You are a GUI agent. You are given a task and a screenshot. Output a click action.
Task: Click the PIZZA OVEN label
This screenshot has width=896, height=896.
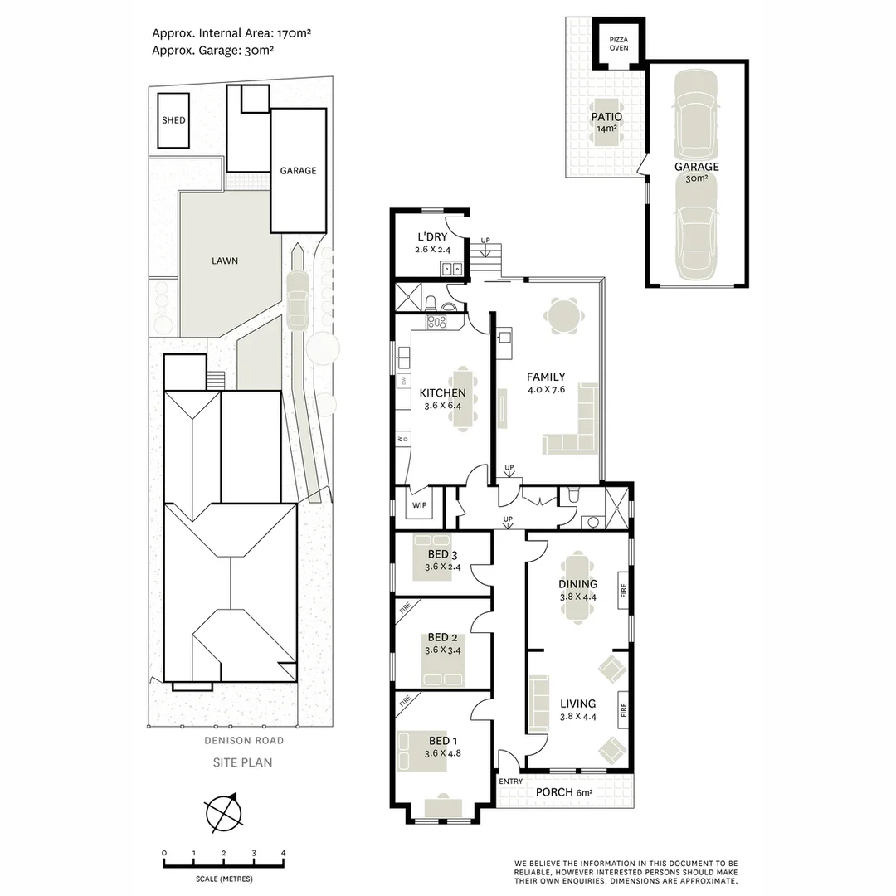pos(619,43)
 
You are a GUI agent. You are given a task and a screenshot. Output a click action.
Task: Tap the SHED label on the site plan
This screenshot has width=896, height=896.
pos(173,120)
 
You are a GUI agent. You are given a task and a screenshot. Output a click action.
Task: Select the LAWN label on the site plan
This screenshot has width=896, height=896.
pos(225,261)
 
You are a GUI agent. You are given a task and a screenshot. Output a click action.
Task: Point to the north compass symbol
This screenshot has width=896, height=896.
pos(224,812)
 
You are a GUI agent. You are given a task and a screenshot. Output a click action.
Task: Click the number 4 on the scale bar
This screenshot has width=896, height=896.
pos(283,853)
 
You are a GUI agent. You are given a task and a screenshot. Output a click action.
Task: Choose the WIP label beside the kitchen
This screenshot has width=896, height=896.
pos(420,505)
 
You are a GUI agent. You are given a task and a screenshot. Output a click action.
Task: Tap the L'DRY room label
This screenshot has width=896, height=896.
pos(432,236)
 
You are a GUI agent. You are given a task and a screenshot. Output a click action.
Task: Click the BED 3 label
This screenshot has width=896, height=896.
pos(442,554)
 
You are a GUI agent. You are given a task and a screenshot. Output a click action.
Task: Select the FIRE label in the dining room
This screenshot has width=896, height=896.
pos(623,591)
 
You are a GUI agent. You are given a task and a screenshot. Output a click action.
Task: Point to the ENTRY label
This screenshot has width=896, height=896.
pos(511,782)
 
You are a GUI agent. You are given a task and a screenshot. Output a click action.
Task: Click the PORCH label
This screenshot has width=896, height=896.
pos(554,792)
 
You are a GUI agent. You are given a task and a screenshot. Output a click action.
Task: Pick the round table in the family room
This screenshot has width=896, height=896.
pos(563,316)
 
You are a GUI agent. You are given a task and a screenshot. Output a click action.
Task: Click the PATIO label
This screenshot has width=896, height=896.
pos(606,117)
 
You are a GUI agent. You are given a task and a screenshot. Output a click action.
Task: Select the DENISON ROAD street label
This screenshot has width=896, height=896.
pos(244,741)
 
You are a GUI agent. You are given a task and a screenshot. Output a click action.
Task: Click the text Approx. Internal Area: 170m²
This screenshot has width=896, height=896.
pos(231,33)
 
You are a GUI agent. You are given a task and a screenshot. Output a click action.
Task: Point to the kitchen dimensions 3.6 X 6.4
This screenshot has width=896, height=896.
pos(443,406)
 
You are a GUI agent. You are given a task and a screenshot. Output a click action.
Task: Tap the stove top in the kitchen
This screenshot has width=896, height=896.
pos(437,322)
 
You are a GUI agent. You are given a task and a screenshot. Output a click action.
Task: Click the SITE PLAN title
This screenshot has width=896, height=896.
pos(242,762)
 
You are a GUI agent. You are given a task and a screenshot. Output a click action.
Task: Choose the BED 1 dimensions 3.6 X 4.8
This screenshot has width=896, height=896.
pos(443,753)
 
